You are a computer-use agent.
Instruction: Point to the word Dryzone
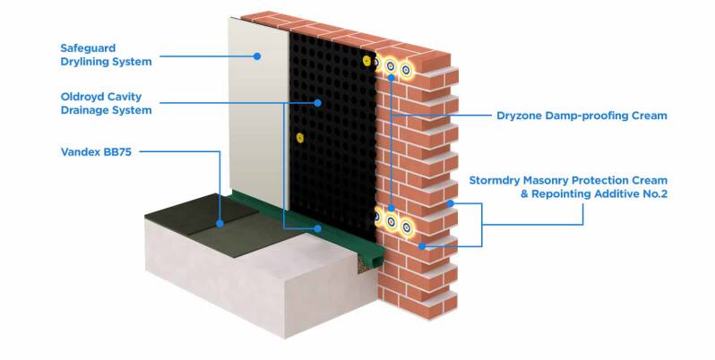click(522, 116)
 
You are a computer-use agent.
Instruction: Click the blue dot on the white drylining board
click(256, 56)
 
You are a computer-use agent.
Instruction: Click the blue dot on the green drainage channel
click(318, 227)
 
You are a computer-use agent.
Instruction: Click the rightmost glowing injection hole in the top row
click(406, 68)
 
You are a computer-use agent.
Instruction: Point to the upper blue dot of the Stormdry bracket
click(452, 203)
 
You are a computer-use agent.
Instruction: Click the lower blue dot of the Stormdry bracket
click(422, 244)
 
